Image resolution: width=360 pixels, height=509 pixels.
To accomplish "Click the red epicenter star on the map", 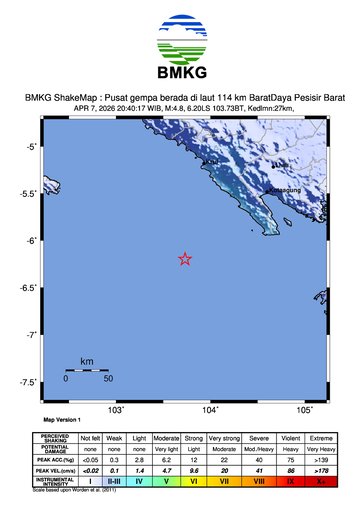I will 185,259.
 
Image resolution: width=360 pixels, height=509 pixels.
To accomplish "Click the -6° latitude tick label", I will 30,241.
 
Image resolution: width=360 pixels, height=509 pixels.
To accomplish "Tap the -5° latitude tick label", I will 30,147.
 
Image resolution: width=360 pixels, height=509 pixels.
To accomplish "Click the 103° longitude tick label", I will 116,410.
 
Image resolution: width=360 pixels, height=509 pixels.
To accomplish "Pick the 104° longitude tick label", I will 211,410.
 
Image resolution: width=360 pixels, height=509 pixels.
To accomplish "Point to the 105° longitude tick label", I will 305,410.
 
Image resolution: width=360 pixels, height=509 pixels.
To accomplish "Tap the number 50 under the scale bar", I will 107,379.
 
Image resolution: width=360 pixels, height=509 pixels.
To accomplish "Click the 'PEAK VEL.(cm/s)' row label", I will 55,470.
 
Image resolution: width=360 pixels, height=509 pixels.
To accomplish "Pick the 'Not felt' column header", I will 91,437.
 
